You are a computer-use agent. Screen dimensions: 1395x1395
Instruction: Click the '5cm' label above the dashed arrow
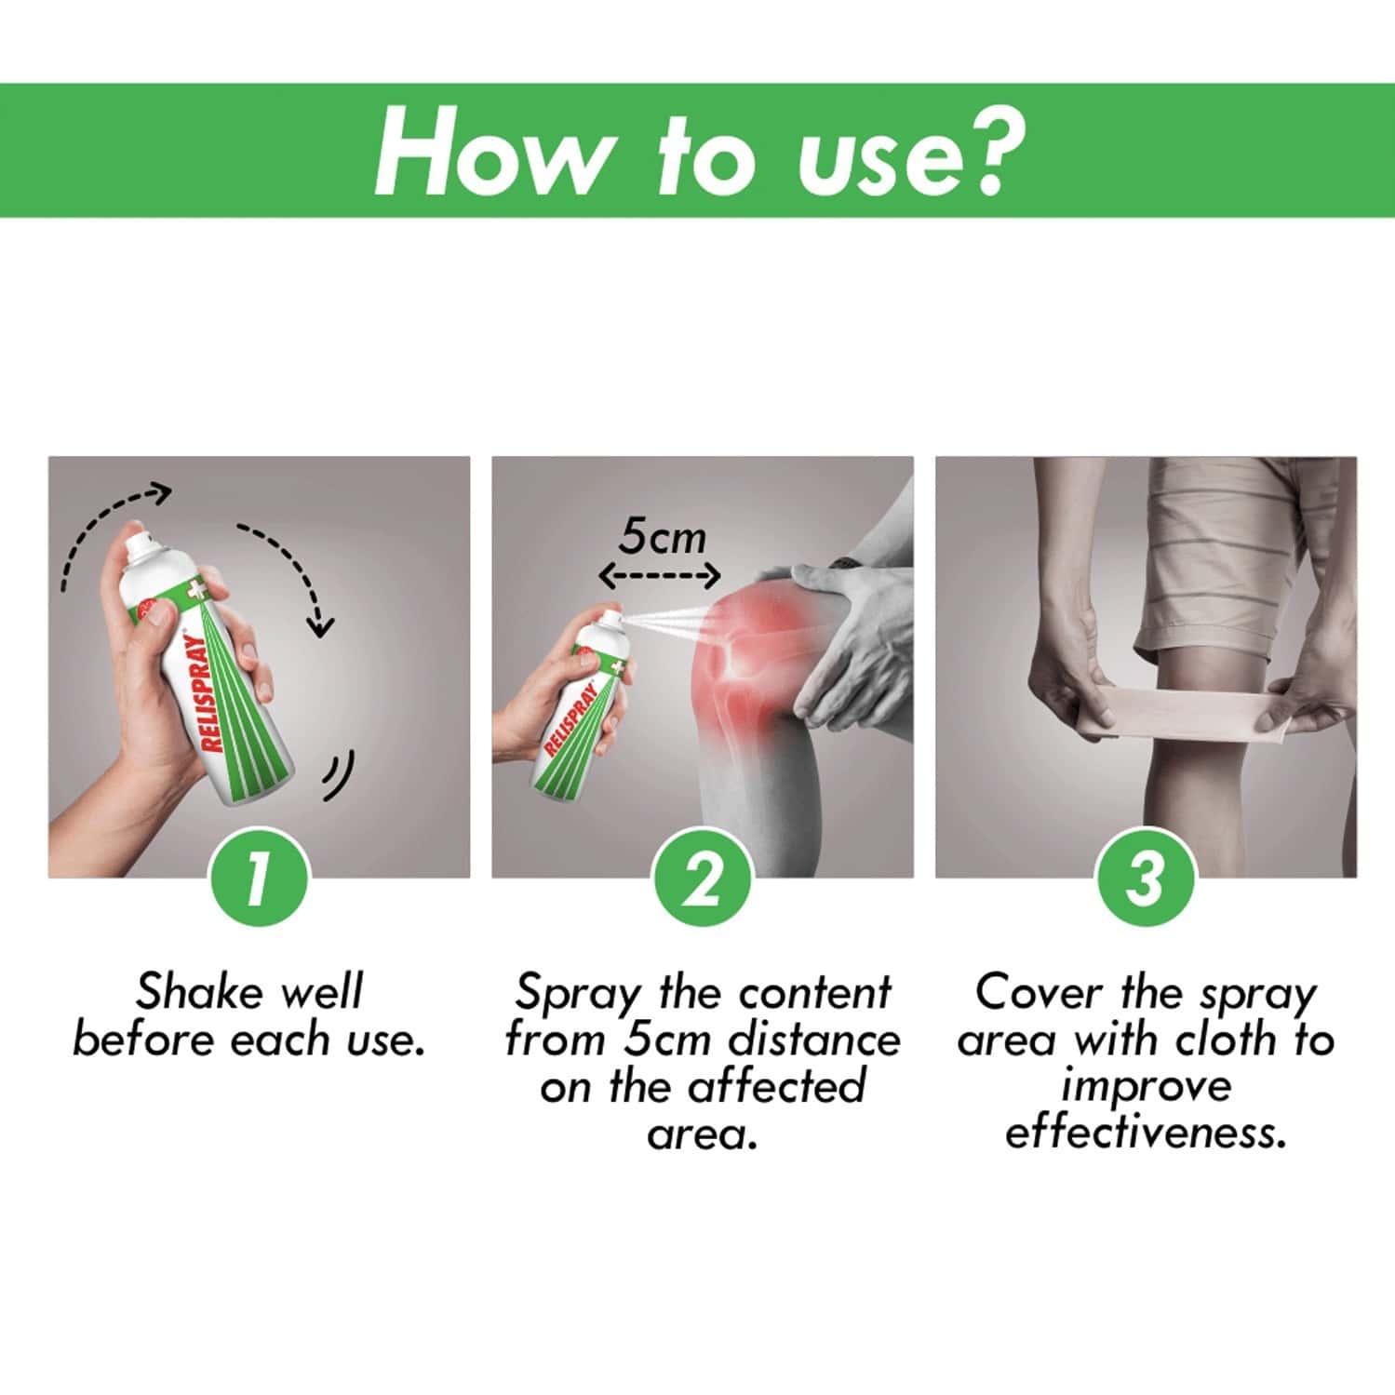[x=663, y=537]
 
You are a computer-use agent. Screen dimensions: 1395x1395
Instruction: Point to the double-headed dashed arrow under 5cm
[x=659, y=576]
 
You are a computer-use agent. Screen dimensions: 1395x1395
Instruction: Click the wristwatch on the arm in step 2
[x=845, y=563]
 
